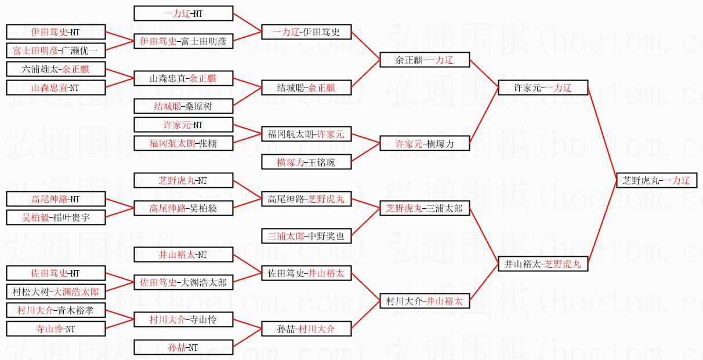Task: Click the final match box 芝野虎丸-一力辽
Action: click(x=656, y=180)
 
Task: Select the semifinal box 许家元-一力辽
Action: click(x=543, y=88)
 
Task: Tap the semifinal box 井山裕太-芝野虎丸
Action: click(x=543, y=264)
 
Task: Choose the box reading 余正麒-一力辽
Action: click(x=424, y=60)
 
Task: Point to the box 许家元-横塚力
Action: click(x=424, y=143)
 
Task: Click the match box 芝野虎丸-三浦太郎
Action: click(x=424, y=209)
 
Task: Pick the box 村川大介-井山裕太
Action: click(x=424, y=301)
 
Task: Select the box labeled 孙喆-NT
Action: click(x=183, y=347)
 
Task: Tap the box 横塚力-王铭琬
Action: click(x=306, y=162)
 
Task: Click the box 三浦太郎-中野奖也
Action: click(x=306, y=236)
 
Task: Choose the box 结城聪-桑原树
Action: click(x=183, y=106)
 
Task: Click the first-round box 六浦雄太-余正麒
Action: click(x=56, y=70)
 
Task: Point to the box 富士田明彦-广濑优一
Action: click(x=56, y=50)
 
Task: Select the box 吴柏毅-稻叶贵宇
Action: click(x=56, y=217)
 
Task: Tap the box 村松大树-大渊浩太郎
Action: click(x=56, y=292)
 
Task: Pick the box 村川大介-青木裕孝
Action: click(x=56, y=310)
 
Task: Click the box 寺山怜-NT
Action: click(x=56, y=329)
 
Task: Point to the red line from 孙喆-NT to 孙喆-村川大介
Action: click(x=247, y=338)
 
